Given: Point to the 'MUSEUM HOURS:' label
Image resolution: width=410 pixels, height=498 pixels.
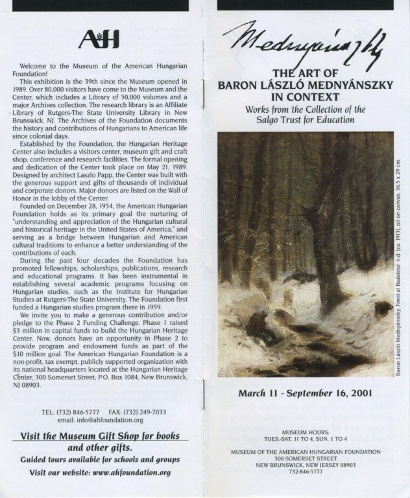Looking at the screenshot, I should pos(307,431).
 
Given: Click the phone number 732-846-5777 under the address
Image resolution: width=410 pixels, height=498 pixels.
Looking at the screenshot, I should pos(307,472).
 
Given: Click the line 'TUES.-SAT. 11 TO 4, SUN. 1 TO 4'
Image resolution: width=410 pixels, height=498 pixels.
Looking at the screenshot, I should pos(307,438).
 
